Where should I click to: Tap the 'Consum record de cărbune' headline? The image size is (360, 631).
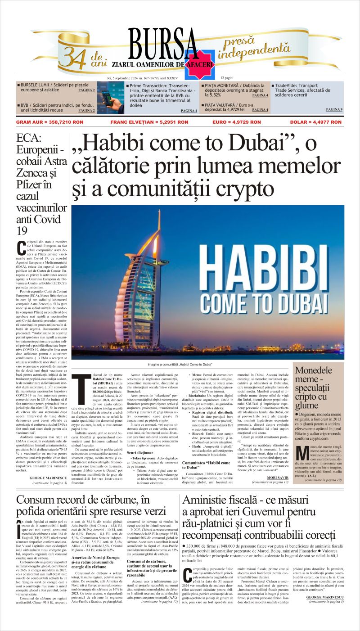91,505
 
